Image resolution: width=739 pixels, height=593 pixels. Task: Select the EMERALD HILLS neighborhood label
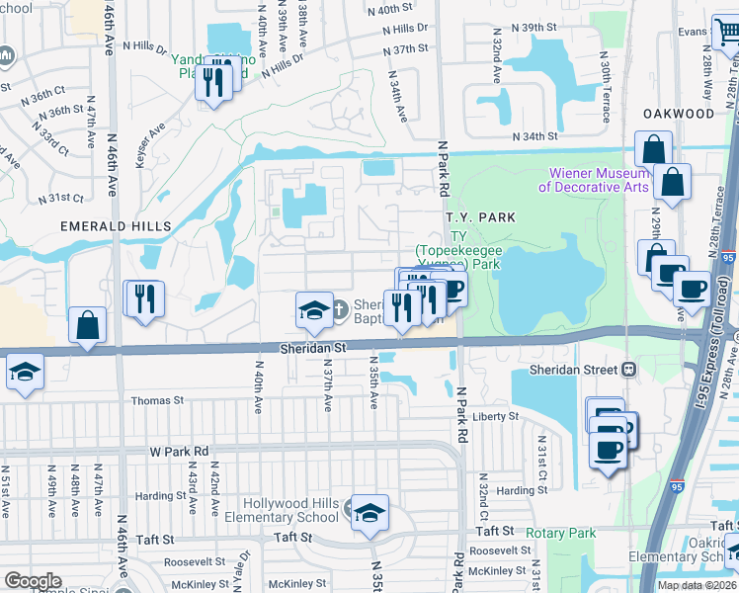tap(116, 226)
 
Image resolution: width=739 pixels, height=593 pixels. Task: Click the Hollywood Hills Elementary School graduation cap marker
tap(370, 513)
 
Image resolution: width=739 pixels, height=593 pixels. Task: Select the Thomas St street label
tap(158, 400)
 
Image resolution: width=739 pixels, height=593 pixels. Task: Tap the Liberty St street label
tap(495, 417)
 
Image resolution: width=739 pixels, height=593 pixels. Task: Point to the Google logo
tap(33, 581)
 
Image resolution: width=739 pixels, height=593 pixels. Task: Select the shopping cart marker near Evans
tap(728, 33)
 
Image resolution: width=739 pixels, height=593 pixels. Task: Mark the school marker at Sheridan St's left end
tap(24, 373)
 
